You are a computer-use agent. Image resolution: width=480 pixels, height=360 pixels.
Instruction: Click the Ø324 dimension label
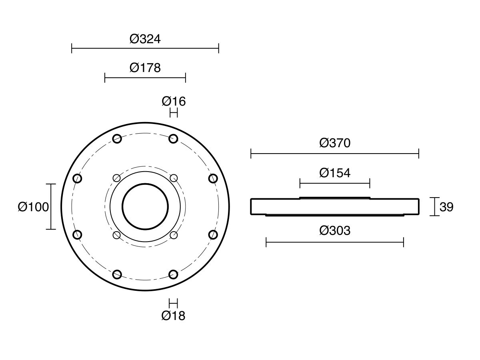click(145, 39)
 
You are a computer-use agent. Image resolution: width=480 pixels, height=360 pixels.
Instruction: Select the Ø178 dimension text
click(145, 68)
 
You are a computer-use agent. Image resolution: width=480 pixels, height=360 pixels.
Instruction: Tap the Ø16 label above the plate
click(174, 102)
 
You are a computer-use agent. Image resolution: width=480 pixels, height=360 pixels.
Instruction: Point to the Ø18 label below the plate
click(173, 316)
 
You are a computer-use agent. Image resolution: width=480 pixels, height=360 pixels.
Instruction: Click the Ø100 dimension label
click(33, 207)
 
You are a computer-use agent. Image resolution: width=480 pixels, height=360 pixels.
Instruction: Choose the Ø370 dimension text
click(335, 143)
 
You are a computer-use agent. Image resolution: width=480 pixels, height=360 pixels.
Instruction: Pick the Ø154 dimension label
click(335, 173)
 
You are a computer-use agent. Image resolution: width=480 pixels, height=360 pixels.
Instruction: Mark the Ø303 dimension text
click(335, 231)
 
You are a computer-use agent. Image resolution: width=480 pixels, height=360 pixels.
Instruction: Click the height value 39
click(446, 207)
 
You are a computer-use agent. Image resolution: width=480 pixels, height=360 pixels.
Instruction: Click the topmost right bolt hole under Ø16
click(173, 139)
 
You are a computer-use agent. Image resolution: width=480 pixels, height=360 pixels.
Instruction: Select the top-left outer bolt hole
click(117, 139)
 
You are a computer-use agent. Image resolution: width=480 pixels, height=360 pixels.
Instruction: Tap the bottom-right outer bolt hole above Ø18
click(173, 274)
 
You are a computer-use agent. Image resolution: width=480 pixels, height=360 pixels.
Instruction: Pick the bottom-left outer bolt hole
click(117, 274)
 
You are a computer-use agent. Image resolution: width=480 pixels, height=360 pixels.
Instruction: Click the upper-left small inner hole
click(117, 178)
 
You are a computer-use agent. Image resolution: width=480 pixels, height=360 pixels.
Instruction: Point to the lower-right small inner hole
click(174, 235)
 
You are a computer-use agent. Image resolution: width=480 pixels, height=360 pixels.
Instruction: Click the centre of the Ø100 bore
click(145, 206)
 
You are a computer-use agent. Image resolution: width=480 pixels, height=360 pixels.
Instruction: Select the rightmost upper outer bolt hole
click(213, 178)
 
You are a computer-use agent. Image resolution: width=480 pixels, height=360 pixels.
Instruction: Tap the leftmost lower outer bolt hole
click(78, 235)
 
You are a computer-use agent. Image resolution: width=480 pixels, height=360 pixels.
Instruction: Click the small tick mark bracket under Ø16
click(174, 113)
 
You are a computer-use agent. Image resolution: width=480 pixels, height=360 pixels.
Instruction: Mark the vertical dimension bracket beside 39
click(435, 207)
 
